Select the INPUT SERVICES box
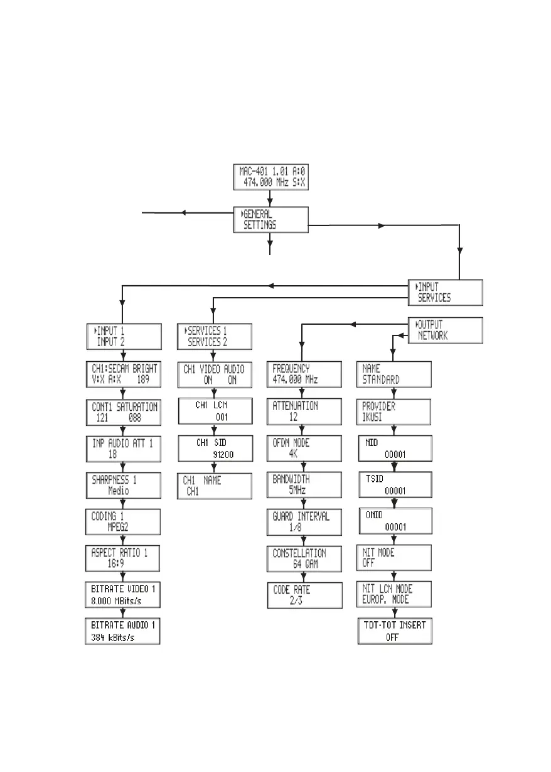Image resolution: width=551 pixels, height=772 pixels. click(x=446, y=292)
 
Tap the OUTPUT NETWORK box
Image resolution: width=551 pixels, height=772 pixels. click(x=446, y=330)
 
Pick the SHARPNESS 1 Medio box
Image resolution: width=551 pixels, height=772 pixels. click(x=123, y=485)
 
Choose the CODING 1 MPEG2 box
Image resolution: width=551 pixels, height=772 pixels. click(x=123, y=521)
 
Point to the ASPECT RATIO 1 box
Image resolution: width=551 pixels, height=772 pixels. click(x=123, y=557)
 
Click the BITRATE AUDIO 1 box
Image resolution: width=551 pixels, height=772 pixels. click(x=123, y=631)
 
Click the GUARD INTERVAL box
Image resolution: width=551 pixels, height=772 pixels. click(x=304, y=522)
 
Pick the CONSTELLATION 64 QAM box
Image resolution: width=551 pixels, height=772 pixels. click(x=304, y=558)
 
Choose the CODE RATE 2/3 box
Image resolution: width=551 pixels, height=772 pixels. click(x=304, y=595)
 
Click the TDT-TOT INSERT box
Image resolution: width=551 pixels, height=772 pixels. click(x=395, y=631)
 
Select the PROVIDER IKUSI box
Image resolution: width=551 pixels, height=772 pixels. click(x=395, y=411)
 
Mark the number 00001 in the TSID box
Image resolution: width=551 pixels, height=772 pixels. click(x=395, y=490)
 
